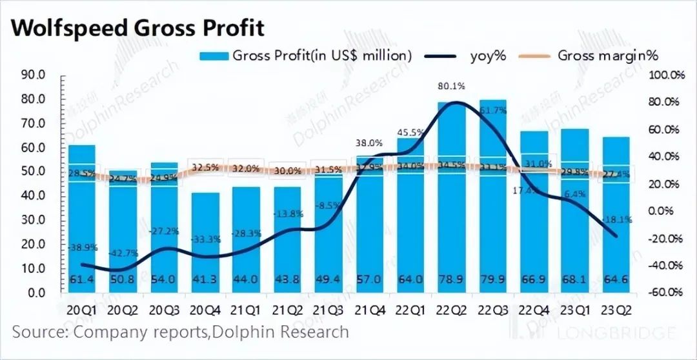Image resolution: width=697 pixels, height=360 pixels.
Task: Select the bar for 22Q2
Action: pos(452,194)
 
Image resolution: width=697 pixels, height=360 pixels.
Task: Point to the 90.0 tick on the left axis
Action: pos(32,75)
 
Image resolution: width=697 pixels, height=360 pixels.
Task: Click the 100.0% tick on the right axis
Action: pos(665,75)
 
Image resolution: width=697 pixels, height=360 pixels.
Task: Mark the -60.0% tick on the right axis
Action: pos(665,292)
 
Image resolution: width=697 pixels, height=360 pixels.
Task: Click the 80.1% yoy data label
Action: pos(451,86)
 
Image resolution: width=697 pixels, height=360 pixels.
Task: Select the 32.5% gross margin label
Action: pos(206,167)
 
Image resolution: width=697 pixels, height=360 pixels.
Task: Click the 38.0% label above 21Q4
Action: pos(370,143)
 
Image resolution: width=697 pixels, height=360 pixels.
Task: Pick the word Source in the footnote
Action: pos(39,332)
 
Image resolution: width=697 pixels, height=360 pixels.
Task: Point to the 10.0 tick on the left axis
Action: pos(32,268)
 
